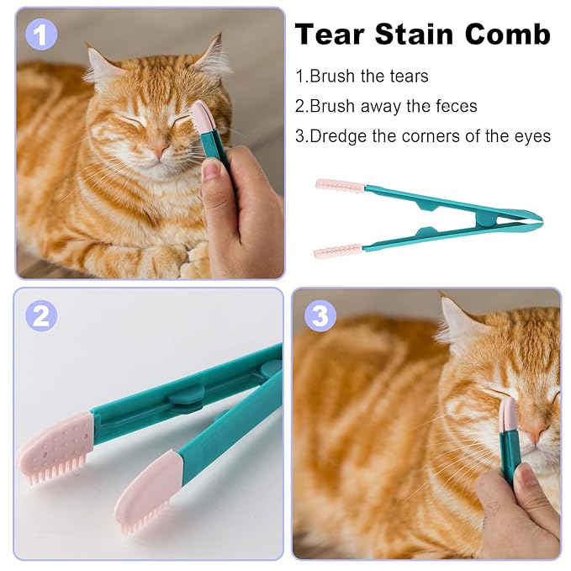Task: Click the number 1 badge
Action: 41,35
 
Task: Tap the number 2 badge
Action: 41,315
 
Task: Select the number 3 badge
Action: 320,315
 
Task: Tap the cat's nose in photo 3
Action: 535,433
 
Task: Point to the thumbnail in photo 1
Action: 211,170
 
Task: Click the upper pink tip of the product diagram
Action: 340,186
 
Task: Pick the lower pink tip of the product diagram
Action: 338,251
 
